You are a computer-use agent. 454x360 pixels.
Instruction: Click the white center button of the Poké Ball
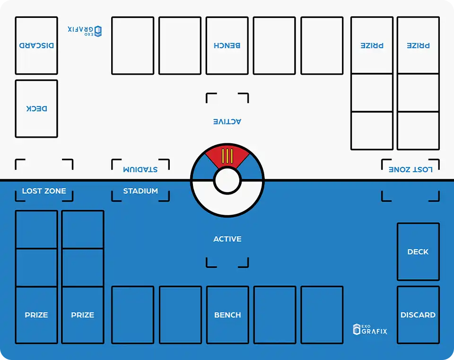click(x=227, y=180)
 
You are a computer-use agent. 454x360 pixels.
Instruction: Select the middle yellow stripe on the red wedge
click(x=227, y=156)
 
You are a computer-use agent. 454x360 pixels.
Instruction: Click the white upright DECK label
click(x=418, y=252)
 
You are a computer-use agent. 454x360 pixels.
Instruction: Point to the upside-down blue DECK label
click(x=36, y=109)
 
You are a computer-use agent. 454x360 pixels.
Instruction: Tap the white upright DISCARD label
click(x=418, y=315)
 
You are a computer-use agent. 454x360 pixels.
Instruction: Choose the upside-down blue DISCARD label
click(x=36, y=45)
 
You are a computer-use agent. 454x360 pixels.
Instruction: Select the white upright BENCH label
click(x=227, y=315)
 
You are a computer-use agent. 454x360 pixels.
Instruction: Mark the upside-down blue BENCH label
click(x=227, y=45)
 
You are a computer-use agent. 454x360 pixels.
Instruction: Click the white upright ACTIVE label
click(x=227, y=239)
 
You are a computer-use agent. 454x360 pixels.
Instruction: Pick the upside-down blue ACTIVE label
click(x=227, y=122)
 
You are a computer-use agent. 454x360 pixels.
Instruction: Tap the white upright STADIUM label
click(x=140, y=191)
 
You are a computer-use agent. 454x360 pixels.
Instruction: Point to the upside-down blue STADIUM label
click(x=140, y=169)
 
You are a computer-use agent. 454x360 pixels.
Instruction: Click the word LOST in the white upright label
click(x=32, y=191)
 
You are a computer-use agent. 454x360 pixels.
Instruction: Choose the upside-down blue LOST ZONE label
click(x=410, y=169)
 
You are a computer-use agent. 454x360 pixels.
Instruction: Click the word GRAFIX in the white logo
click(x=375, y=331)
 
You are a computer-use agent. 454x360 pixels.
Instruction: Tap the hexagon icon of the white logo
click(x=357, y=329)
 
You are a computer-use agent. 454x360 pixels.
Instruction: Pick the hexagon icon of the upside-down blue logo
click(x=98, y=31)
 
